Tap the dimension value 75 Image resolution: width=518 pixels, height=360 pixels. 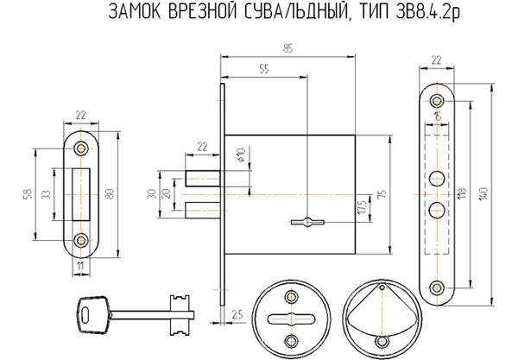[381, 194]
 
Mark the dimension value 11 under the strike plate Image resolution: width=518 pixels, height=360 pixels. [79, 268]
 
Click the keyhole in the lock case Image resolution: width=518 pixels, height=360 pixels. [306, 223]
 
